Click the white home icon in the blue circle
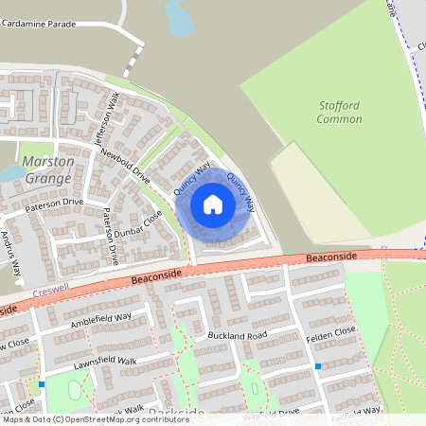pyautogui.click(x=213, y=204)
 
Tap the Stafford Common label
pyautogui.click(x=339, y=113)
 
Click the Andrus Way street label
pyautogui.click(x=11, y=253)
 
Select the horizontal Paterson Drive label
pyautogui.click(x=55, y=203)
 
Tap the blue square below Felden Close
pyautogui.click(x=318, y=366)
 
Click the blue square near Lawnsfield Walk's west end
pyautogui.click(x=42, y=384)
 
